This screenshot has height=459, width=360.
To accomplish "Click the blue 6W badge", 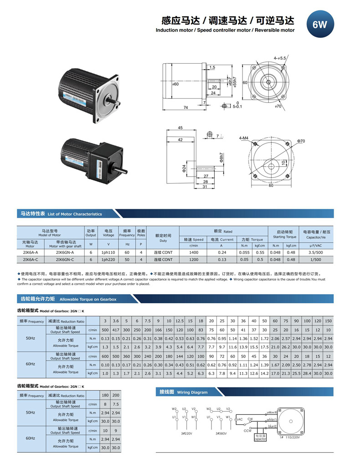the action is coord(319,24).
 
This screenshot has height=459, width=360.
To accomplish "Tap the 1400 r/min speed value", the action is coord(194,252).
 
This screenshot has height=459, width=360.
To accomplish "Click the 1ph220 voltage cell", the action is coord(108,260).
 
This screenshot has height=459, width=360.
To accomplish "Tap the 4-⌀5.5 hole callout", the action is coord(280,58).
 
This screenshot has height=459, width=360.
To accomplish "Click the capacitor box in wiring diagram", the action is coord(260,438).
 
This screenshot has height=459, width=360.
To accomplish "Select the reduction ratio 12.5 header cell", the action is coord(180,321).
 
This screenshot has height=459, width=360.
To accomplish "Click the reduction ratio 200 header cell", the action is coord(116,396).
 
